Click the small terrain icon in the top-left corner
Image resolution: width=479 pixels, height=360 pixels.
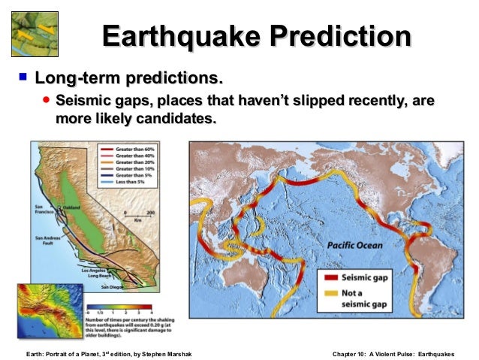(x=35, y=33)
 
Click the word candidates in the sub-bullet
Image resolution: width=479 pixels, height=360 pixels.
(x=178, y=119)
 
